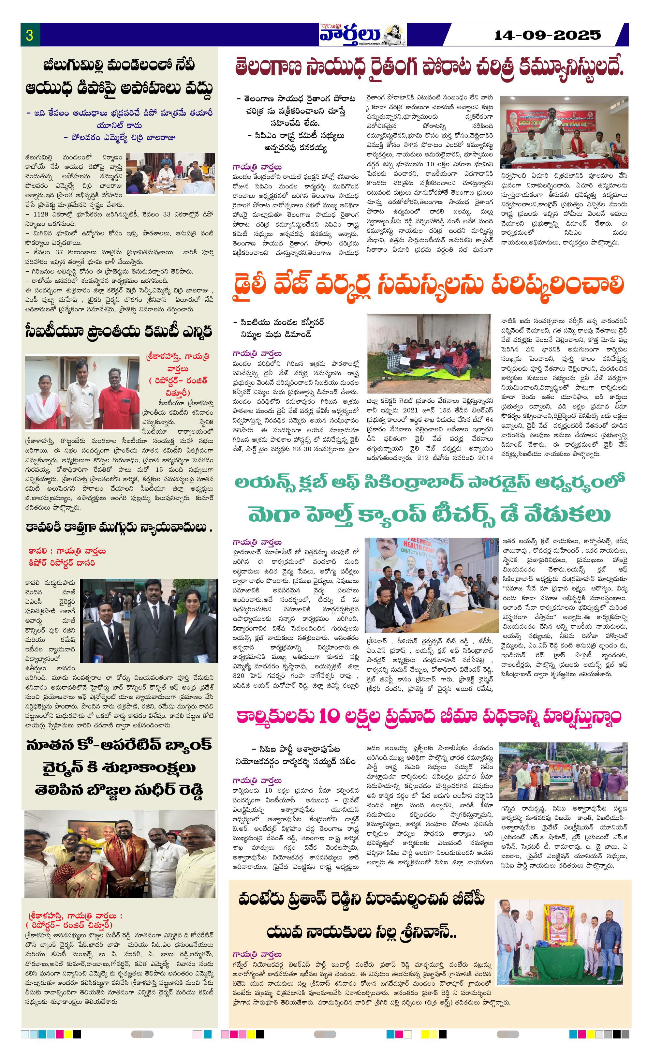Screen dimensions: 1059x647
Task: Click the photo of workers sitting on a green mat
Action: [428, 353]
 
